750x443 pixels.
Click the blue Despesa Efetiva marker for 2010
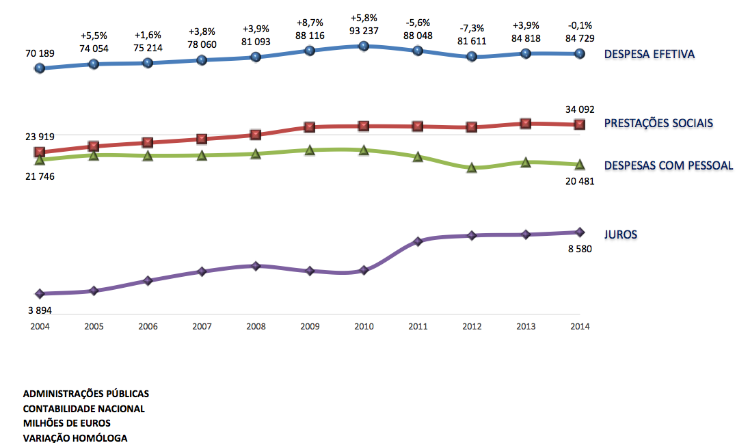coord(364,46)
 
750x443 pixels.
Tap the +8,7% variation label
coord(310,23)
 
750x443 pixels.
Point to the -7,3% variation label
coord(472,28)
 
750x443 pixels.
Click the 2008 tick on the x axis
coord(256,326)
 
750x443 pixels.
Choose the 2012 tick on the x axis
coord(472,326)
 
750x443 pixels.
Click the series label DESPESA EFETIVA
coord(649,54)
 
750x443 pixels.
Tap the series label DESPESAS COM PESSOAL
coord(669,165)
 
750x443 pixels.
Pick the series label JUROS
coord(621,234)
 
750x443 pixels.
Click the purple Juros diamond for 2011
coord(418,241)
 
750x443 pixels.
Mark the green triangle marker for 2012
coord(472,167)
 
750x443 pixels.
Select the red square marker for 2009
coord(310,127)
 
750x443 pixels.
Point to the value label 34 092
coord(579,109)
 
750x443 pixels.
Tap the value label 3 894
coord(40,310)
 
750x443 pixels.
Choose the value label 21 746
coord(40,176)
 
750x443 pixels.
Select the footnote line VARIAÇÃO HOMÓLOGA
coord(75,438)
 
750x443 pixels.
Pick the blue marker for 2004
coord(40,68)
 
